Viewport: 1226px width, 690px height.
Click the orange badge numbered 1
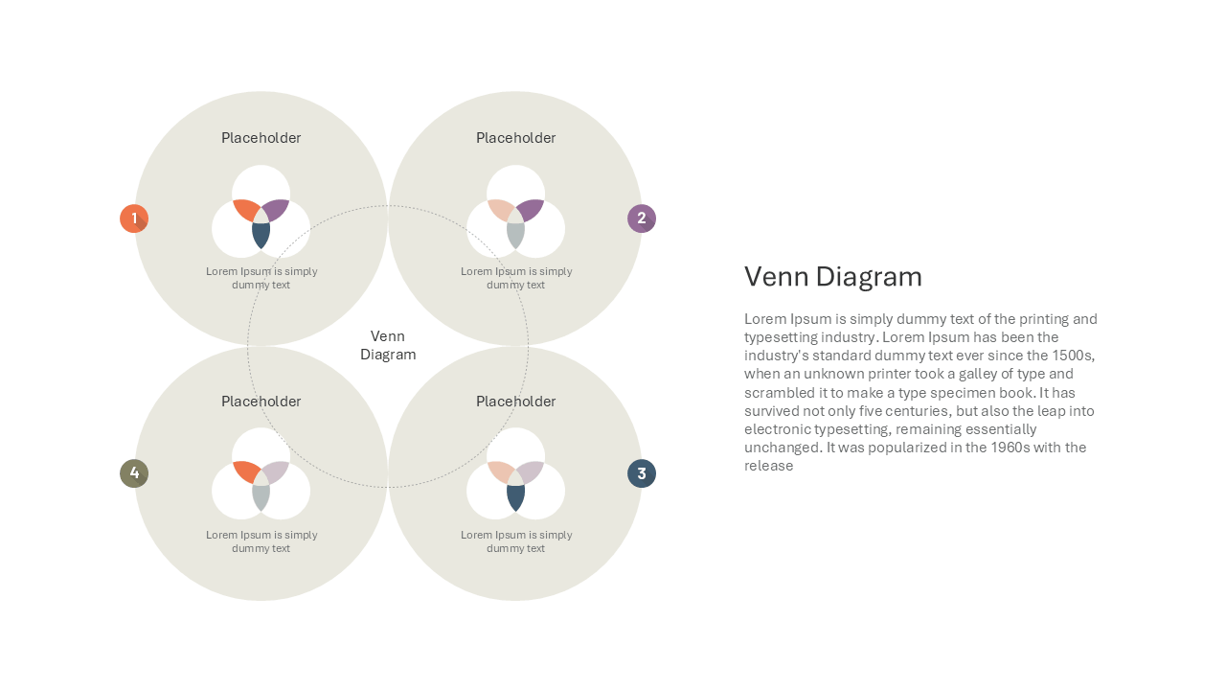(134, 218)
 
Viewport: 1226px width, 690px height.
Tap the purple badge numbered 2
(642, 218)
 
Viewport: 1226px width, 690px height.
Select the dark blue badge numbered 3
(642, 473)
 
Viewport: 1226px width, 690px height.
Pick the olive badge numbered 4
(134, 473)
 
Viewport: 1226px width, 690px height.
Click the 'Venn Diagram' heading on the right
(833, 277)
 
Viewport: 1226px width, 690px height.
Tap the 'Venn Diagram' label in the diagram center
(388, 345)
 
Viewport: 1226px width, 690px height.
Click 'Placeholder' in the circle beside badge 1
(261, 138)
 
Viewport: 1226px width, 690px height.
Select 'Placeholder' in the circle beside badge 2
(515, 138)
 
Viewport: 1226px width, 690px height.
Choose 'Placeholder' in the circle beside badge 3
(515, 402)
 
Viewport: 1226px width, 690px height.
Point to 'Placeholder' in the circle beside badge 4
(261, 402)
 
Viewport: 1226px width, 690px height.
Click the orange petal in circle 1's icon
(245, 210)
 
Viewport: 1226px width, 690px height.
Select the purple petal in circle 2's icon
(531, 210)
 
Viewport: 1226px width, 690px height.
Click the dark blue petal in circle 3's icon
(515, 497)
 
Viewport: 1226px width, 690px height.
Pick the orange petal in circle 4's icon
(245, 472)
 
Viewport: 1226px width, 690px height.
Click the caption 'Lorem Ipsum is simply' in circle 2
(516, 271)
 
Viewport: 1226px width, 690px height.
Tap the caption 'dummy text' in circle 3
(515, 549)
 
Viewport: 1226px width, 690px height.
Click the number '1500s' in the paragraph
(1073, 356)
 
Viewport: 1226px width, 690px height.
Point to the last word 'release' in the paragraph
(768, 466)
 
